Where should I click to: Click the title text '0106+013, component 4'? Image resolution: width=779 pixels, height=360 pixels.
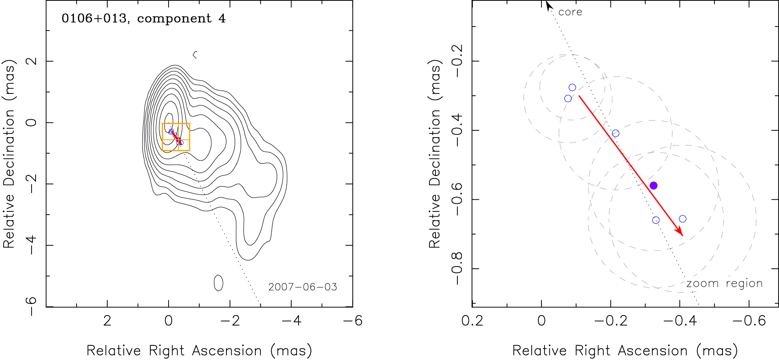[x=143, y=19]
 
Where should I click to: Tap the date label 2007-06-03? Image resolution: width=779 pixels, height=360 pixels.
[x=303, y=287]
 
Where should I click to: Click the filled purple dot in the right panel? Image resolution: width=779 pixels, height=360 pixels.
[x=653, y=186]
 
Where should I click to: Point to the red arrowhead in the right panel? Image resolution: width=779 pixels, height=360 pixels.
[x=680, y=232]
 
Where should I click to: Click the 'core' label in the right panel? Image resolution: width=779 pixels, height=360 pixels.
[x=570, y=12]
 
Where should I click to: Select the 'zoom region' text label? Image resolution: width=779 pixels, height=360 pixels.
[x=724, y=283]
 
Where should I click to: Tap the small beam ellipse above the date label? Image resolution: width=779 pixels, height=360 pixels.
[x=218, y=283]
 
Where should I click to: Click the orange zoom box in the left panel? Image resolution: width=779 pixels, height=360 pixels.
[x=176, y=137]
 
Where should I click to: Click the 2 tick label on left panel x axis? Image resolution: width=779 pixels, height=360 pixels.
[x=107, y=321]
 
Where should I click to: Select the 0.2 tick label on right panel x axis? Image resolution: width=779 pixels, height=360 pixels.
[x=472, y=321]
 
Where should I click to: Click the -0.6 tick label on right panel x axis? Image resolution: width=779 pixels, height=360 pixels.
[x=749, y=321]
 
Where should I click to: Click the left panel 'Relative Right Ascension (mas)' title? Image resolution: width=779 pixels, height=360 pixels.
[x=199, y=351]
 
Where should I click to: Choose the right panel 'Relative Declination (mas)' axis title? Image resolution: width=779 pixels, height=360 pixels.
[x=435, y=154]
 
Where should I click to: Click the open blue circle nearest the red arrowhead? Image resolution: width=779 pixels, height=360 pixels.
[x=682, y=219]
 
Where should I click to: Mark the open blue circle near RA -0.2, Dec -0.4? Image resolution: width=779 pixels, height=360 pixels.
[x=615, y=133]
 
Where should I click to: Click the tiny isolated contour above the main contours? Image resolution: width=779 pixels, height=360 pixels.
[x=194, y=55]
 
